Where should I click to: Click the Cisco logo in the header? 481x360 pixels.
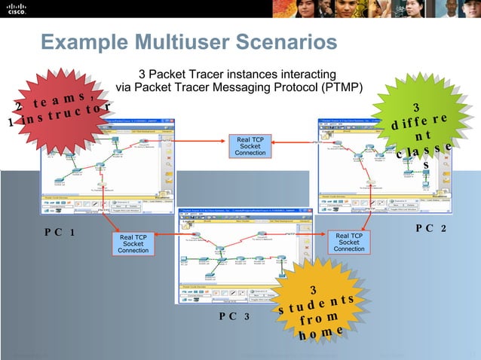click(x=17, y=9)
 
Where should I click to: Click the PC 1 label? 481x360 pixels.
click(x=59, y=233)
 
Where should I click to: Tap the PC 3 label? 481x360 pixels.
click(x=234, y=316)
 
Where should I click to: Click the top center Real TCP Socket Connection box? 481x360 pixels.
click(x=250, y=146)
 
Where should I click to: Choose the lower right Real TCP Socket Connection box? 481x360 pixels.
click(x=349, y=243)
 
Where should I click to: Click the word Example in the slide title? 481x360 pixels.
click(x=75, y=43)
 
